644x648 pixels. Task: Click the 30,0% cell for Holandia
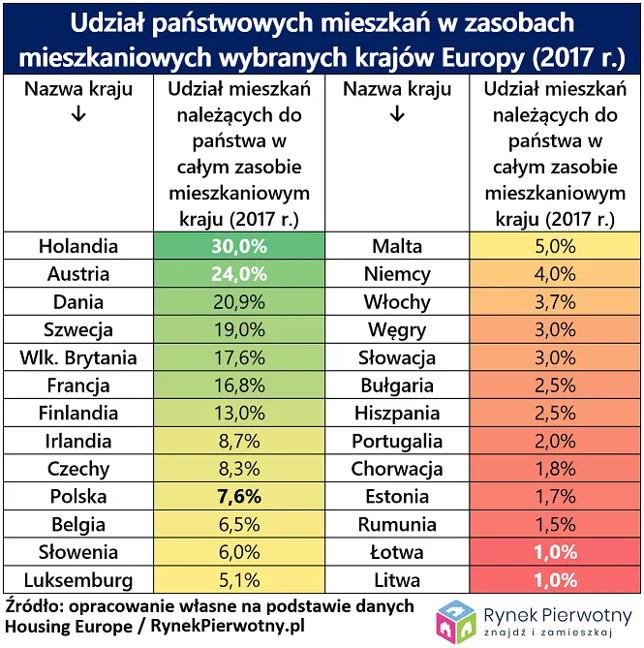point(238,246)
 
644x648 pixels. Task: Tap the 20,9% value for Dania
point(238,302)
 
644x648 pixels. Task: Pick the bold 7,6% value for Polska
point(238,498)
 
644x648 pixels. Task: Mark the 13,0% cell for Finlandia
point(238,414)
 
